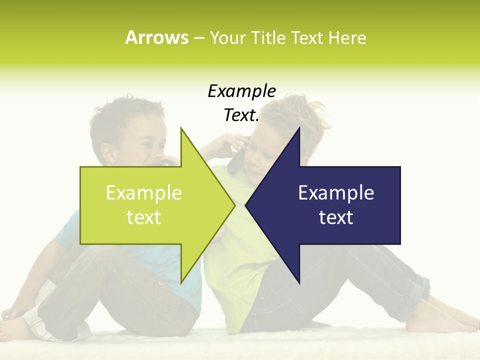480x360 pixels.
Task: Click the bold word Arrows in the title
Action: (156, 37)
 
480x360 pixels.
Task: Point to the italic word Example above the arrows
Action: (241, 91)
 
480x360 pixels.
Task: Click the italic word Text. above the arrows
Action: (241, 115)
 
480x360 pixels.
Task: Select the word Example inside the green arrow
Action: (144, 192)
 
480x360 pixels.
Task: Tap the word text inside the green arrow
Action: (144, 217)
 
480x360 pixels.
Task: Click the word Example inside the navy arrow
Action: (336, 192)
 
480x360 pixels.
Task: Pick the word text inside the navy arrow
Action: (336, 217)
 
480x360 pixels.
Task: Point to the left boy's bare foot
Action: (15, 327)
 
